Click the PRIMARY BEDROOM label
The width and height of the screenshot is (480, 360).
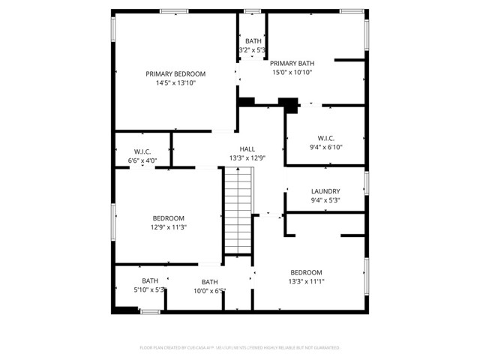175,73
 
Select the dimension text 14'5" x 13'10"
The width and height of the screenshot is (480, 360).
175,83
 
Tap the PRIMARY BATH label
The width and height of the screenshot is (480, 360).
292,63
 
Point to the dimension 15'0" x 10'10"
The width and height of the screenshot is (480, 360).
292,73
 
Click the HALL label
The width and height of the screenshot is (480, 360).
247,148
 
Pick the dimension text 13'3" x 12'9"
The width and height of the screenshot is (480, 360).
247,158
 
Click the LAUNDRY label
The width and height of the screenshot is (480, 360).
325,191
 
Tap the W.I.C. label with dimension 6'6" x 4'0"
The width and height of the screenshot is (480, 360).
142,151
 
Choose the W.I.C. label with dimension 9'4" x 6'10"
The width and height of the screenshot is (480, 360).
325,138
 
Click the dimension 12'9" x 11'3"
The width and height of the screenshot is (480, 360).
169,227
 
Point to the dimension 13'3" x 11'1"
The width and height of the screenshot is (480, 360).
306,281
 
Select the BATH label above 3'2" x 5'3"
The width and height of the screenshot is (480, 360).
252,41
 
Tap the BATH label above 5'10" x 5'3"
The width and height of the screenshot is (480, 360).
150,280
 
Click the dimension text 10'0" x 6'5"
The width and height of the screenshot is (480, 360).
209,291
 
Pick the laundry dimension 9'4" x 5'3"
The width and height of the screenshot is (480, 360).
325,200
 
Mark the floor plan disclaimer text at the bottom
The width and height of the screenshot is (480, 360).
240,348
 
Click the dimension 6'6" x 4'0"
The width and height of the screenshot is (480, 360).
142,160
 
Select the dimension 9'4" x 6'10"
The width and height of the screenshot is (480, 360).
325,147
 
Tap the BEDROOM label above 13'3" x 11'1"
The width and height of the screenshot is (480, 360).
306,272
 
